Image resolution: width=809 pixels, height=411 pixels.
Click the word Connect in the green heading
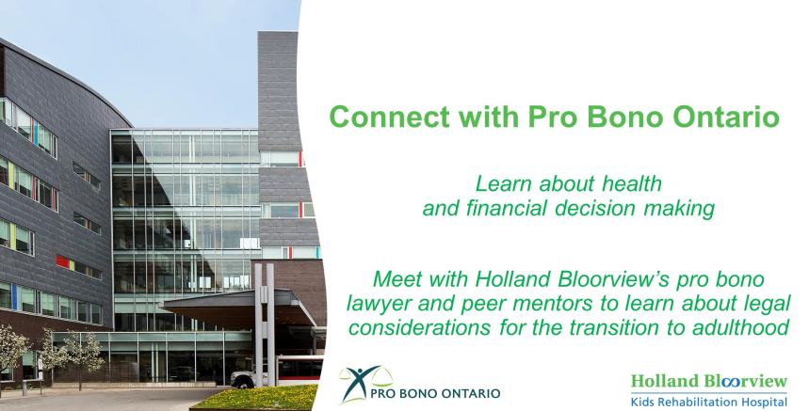pyautogui.click(x=390, y=117)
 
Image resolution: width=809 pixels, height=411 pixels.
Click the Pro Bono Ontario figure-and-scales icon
pyautogui.click(x=364, y=383)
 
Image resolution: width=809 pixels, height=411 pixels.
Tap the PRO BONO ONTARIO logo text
pyautogui.click(x=435, y=393)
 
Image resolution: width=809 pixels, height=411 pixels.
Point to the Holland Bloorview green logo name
pyautogui.click(x=709, y=381)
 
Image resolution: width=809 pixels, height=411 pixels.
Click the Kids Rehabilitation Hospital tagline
pyautogui.click(x=709, y=402)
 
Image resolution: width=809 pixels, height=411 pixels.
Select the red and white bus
pyautogui.click(x=299, y=370)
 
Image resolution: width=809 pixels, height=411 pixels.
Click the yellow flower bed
pyautogui.click(x=255, y=398)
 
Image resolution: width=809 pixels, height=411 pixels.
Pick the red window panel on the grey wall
pyautogui.click(x=62, y=262)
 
